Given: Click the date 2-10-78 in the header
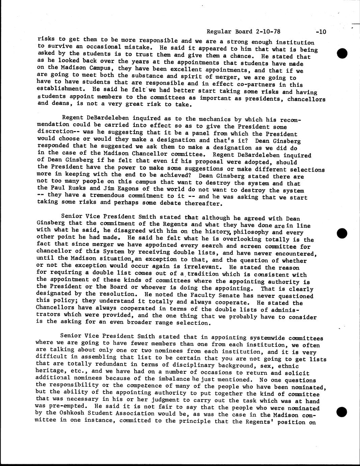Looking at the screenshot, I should point(268,31).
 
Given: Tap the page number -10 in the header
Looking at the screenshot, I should point(321,32).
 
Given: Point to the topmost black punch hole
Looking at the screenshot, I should point(342,53).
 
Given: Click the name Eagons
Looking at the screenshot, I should point(138,188).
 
